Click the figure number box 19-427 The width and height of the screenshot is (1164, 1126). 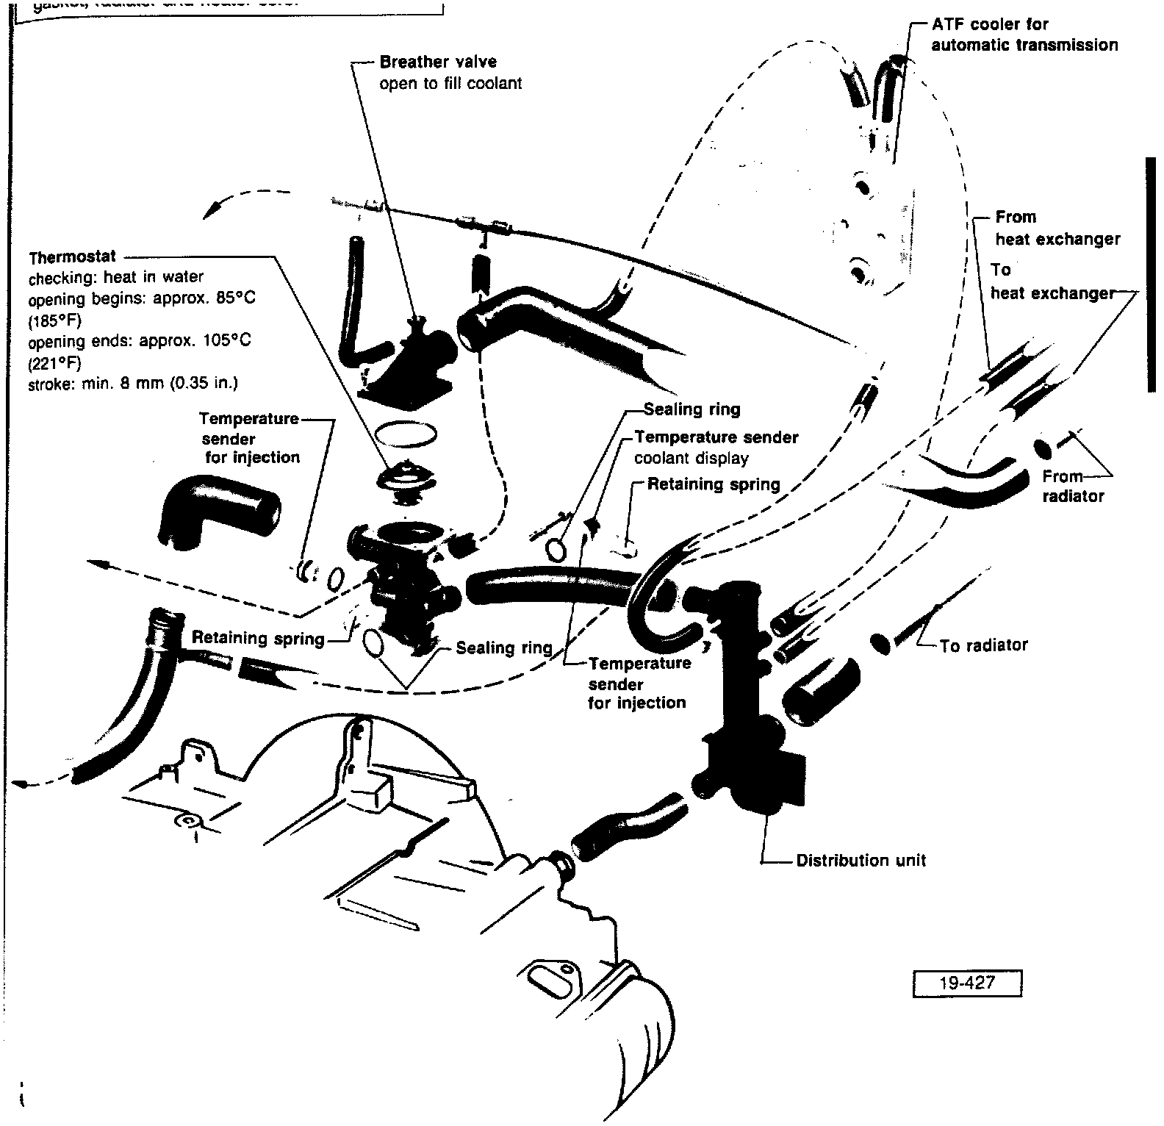967,983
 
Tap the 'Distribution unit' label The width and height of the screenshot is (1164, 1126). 861,860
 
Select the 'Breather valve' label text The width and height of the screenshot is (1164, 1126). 438,62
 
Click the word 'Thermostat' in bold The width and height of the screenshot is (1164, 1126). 72,257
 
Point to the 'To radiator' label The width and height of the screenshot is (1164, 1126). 983,645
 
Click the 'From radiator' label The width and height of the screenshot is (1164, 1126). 1072,486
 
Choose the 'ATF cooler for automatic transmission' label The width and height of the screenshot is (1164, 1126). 1024,35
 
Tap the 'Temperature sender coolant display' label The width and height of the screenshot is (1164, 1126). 716,448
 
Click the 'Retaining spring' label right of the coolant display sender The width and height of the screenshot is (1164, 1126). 714,484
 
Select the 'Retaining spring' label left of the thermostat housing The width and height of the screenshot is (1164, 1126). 258,638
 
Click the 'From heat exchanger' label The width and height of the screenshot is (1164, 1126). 1057,228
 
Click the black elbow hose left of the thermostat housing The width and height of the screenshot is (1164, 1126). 218,511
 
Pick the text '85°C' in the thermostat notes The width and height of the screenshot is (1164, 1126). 237,299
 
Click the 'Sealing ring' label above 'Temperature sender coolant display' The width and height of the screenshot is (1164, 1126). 691,409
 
